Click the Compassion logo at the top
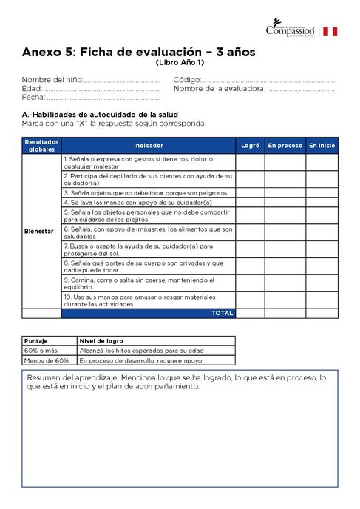click(x=290, y=30)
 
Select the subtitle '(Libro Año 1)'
click(x=180, y=63)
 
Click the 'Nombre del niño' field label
click(x=52, y=79)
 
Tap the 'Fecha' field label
click(x=33, y=97)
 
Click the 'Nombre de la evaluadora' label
click(x=219, y=88)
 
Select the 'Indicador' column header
click(x=149, y=146)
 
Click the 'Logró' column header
click(x=251, y=146)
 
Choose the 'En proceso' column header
click(x=285, y=146)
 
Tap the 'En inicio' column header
click(x=322, y=146)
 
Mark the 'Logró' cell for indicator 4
click(x=251, y=202)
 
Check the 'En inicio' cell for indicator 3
click(x=322, y=192)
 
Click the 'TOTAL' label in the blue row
click(x=222, y=313)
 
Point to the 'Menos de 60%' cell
click(x=46, y=360)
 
